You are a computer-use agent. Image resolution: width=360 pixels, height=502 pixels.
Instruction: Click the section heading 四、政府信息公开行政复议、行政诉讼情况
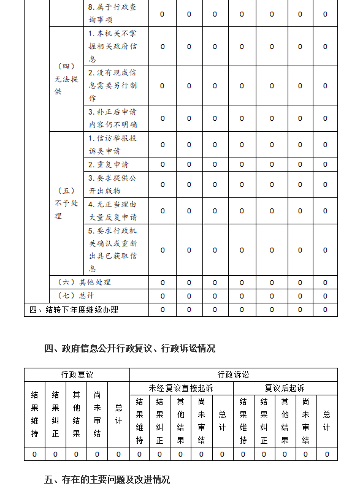pyautogui.click(x=129, y=348)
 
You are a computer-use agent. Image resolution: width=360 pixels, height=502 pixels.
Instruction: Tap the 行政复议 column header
pyautogui.click(x=77, y=375)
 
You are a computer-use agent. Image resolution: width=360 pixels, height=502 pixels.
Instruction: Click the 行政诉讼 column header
pyautogui.click(x=233, y=375)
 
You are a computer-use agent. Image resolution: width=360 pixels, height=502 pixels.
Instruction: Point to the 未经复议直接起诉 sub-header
pyautogui.click(x=181, y=388)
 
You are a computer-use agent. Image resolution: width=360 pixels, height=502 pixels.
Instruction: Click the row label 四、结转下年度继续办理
pyautogui.click(x=74, y=310)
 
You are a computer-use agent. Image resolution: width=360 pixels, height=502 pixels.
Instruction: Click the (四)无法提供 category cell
pyautogui.click(x=66, y=79)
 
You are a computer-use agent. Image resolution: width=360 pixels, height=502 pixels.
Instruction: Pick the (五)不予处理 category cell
pyautogui.click(x=66, y=203)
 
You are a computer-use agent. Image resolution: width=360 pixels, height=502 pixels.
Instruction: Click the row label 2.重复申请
pyautogui.click(x=108, y=164)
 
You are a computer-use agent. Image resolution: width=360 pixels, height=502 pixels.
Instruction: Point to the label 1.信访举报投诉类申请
pyautogui.click(x=112, y=145)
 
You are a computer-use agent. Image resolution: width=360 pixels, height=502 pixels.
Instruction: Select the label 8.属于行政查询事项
pyautogui.click(x=112, y=13)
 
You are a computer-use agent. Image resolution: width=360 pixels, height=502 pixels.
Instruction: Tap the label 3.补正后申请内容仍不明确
pyautogui.click(x=112, y=118)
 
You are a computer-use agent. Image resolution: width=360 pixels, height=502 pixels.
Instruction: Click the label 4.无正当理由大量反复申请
pyautogui.click(x=112, y=210)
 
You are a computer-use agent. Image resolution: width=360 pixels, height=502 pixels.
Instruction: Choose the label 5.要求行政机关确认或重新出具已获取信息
pyautogui.click(x=112, y=249)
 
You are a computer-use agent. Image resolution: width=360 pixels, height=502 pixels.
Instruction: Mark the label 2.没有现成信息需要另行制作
pyautogui.click(x=112, y=85)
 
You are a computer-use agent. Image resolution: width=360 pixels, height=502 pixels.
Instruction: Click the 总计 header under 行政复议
pyautogui.click(x=118, y=414)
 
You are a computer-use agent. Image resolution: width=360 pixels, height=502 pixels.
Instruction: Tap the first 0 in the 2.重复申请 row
pyautogui.click(x=163, y=164)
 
